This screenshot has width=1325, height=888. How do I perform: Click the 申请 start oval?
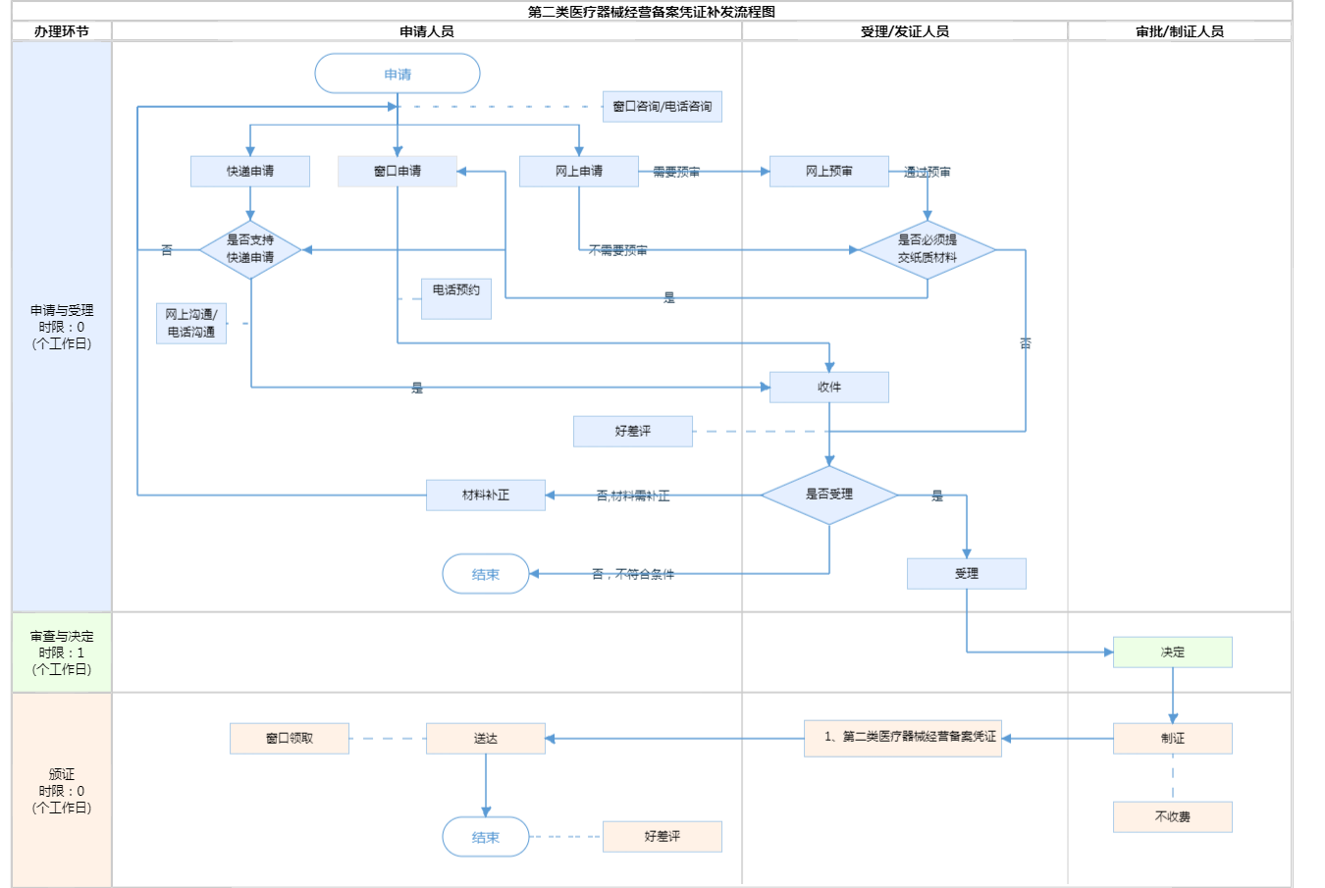tap(397, 74)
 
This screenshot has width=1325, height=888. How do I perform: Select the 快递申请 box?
tap(250, 171)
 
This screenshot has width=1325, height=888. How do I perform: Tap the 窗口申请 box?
tap(397, 171)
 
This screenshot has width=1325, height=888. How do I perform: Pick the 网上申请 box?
tap(579, 171)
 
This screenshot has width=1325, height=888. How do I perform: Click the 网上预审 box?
tap(829, 171)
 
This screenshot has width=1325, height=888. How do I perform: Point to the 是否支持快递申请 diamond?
tap(250, 249)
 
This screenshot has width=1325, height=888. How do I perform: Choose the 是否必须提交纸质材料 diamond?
tap(927, 249)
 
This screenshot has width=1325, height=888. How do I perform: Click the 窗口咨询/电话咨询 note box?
tap(662, 106)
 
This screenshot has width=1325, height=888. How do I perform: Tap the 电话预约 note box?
tap(456, 298)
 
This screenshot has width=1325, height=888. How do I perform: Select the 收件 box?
tap(829, 387)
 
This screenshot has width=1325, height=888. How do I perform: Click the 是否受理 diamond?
tap(829, 495)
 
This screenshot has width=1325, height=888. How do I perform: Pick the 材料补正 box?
tap(486, 495)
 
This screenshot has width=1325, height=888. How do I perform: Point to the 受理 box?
tap(967, 573)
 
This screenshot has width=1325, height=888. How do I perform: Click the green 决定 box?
tap(1173, 652)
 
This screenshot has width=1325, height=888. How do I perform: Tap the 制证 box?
tap(1173, 738)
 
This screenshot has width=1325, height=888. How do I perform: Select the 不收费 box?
tap(1173, 816)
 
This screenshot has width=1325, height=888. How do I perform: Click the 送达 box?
tap(486, 738)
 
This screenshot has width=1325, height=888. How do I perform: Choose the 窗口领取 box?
tap(290, 738)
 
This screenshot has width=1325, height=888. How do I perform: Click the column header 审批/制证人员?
tap(1180, 31)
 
